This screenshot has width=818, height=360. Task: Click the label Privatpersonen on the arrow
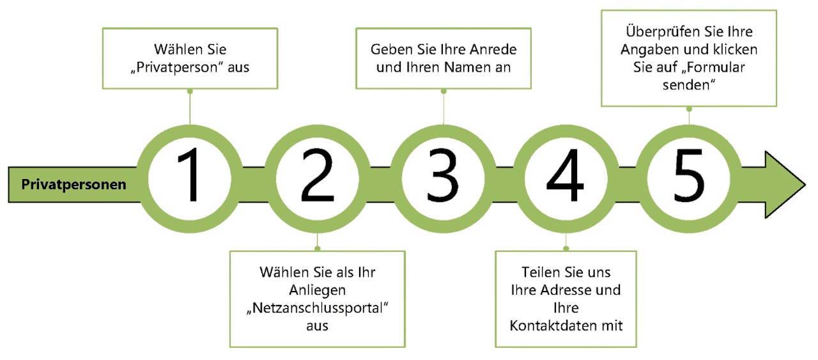(73, 185)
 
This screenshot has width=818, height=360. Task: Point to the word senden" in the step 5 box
(689, 86)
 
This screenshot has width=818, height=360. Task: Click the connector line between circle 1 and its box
(190, 109)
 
